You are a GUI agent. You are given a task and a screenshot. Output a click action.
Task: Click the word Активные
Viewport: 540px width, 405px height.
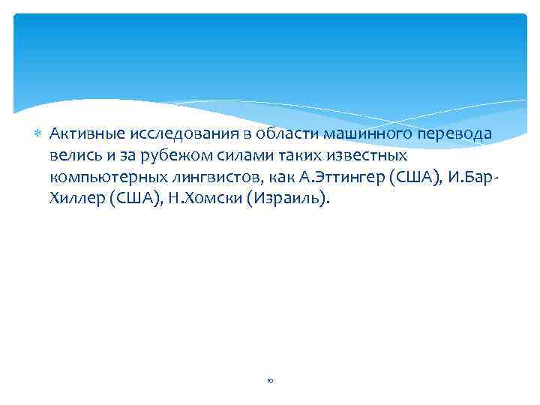click(81, 133)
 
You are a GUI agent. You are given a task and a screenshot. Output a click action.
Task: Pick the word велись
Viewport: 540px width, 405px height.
click(73, 156)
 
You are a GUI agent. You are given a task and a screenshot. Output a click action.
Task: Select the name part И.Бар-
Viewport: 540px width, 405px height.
click(472, 178)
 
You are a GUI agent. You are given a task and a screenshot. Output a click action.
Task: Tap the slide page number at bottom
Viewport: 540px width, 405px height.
click(270, 381)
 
